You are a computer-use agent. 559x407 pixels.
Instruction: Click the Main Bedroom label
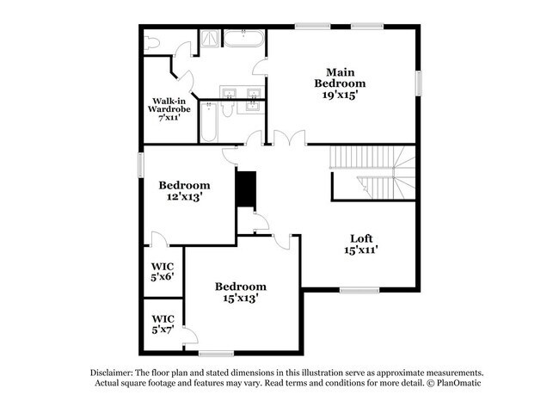(345, 77)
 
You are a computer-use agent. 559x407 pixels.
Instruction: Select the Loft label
(360, 238)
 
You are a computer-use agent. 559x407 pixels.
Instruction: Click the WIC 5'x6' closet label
(162, 272)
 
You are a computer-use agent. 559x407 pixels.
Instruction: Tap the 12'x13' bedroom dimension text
(184, 197)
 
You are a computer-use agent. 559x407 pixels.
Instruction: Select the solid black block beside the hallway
(247, 189)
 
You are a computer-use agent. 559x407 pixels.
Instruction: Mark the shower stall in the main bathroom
(210, 39)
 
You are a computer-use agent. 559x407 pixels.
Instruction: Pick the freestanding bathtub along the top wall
(245, 38)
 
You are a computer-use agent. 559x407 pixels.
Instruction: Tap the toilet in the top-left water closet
(154, 42)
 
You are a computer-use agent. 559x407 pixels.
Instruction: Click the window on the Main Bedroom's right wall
(421, 84)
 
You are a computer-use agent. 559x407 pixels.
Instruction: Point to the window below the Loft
(359, 288)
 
